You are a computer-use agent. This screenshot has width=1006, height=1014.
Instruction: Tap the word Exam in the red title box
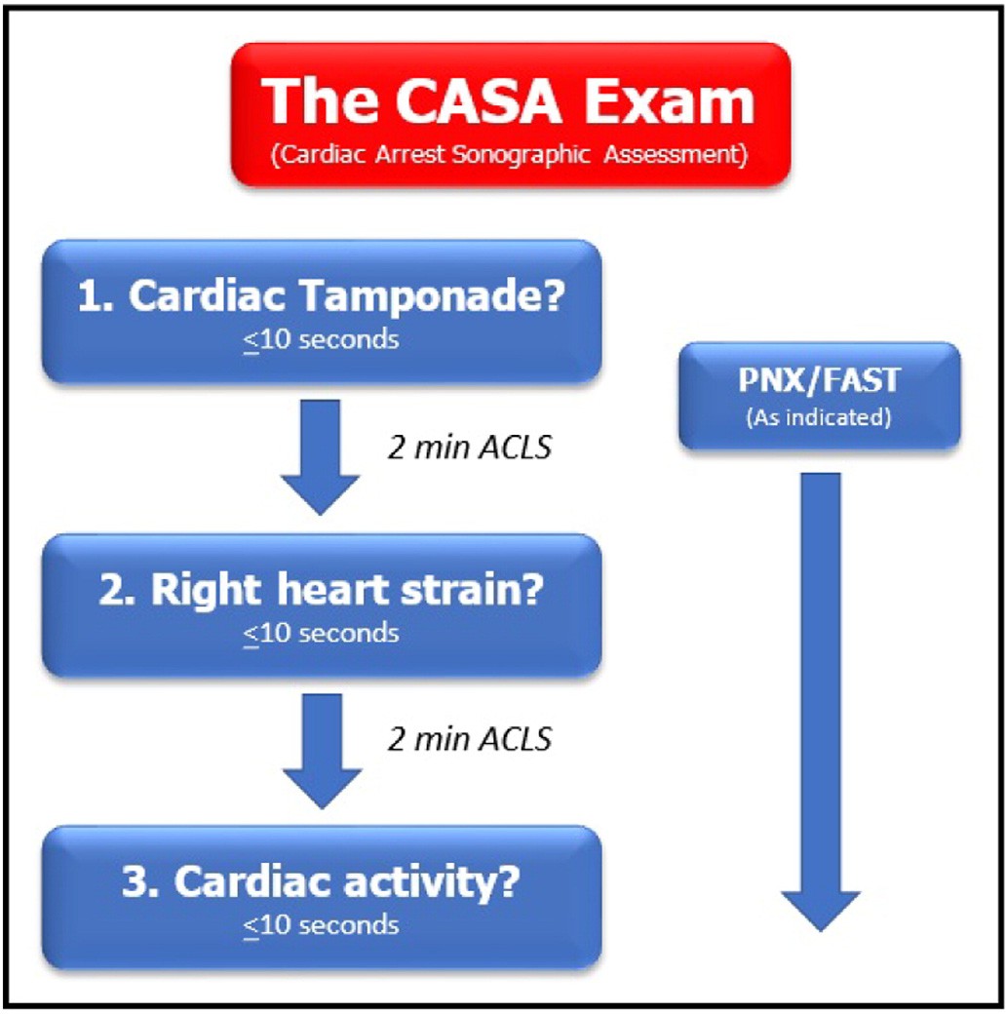pyautogui.click(x=669, y=100)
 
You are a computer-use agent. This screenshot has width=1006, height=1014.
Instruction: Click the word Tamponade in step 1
pyautogui.click(x=433, y=295)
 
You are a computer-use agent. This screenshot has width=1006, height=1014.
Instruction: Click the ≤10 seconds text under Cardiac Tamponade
pyautogui.click(x=322, y=339)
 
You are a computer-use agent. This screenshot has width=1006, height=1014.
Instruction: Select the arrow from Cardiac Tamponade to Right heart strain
pyautogui.click(x=320, y=457)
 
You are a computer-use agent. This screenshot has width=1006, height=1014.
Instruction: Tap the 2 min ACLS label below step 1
pyautogui.click(x=470, y=447)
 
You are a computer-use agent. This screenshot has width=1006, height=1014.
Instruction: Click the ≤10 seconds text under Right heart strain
pyautogui.click(x=322, y=633)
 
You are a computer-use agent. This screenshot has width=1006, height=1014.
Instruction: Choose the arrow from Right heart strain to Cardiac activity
pyautogui.click(x=322, y=751)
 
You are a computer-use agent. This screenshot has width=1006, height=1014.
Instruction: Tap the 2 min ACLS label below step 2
pyautogui.click(x=470, y=739)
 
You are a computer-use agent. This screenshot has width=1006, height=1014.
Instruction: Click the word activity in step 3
pyautogui.click(x=431, y=882)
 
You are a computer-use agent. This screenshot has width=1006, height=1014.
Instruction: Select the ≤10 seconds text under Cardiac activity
pyautogui.click(x=322, y=925)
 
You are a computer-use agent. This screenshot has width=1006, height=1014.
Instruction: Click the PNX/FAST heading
pyautogui.click(x=819, y=379)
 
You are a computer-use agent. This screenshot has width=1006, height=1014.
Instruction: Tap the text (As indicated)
pyautogui.click(x=819, y=417)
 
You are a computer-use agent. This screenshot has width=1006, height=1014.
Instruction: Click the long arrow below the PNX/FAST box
pyautogui.click(x=821, y=702)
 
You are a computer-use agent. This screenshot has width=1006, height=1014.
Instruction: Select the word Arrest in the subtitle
pyautogui.click(x=409, y=155)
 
